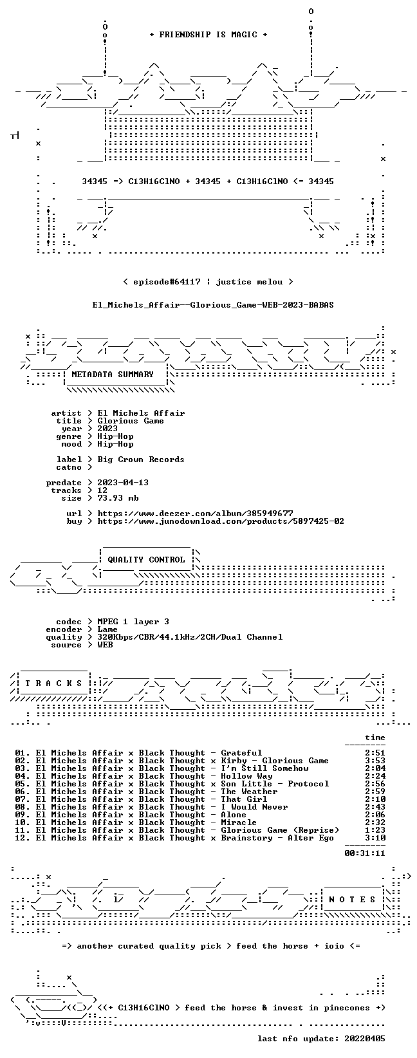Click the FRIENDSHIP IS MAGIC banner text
pos(208,35)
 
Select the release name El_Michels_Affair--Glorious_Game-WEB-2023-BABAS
pos(213,305)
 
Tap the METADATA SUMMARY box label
pos(113,375)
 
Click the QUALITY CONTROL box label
pos(146,560)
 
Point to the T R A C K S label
pos(54,683)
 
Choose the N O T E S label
pos(352,900)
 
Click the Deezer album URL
pos(195,514)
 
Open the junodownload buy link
pos(221,521)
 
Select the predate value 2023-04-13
pos(123,483)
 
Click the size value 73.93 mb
pos(118,498)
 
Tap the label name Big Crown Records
pos(141,459)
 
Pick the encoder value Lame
pos(107,629)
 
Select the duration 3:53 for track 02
pos(375,761)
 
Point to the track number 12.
pos(21,838)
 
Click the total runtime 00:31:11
pos(365,853)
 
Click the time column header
pos(375,738)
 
